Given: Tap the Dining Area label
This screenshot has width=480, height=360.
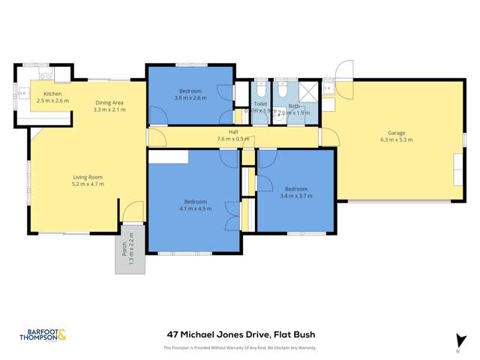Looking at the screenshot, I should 109,103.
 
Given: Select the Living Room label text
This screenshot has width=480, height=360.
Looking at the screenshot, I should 87,177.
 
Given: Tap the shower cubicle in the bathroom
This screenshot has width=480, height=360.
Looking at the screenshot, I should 308,91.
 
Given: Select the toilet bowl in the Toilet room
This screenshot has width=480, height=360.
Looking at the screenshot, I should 260,90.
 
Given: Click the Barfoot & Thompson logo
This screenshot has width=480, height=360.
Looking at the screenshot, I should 42,337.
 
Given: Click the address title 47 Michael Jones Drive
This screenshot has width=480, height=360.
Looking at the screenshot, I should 240,335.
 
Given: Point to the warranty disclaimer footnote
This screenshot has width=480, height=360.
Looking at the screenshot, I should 240,348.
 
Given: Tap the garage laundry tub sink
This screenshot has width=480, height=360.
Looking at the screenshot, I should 327,88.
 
